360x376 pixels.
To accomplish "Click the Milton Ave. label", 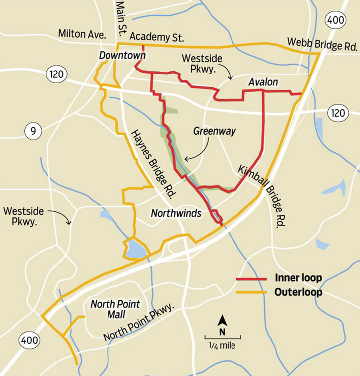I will tap(82, 34).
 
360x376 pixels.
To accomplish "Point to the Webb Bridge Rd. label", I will tap(322, 44).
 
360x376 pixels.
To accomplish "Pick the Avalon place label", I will tap(263, 82).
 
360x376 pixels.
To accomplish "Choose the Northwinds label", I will tap(176, 213).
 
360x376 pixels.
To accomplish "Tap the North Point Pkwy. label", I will tap(140, 322).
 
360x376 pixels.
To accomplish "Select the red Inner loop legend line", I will tap(251, 278).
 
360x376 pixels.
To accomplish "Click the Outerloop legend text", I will tap(298, 292).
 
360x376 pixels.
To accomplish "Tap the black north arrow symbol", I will tap(222, 321).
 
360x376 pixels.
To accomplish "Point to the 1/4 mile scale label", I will tap(222, 346).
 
